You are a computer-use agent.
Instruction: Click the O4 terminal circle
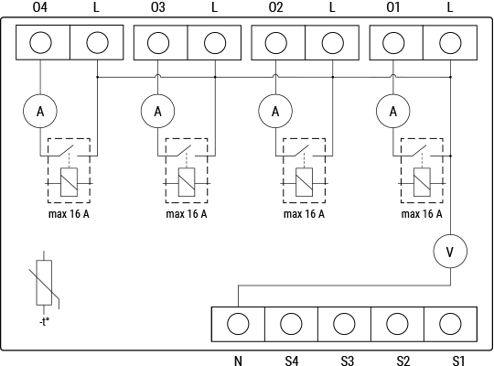(40, 42)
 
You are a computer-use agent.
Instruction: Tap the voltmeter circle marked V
(449, 250)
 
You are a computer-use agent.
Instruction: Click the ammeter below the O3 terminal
(157, 111)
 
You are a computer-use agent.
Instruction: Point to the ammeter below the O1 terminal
(393, 111)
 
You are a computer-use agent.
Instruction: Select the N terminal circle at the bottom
(238, 323)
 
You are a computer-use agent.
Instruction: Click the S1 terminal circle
(449, 323)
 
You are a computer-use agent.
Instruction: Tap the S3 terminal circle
(344, 323)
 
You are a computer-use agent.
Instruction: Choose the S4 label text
(291, 361)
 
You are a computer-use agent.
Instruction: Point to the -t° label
(42, 322)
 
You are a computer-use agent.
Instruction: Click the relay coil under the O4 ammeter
(69, 183)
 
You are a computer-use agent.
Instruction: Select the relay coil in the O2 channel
(305, 183)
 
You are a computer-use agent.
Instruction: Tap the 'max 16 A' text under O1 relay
(423, 215)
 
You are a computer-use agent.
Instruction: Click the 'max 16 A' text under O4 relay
(68, 215)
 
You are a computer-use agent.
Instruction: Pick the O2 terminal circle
(275, 42)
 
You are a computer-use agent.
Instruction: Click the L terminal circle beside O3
(214, 42)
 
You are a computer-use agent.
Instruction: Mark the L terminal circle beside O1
(449, 42)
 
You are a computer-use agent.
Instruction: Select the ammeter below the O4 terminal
(39, 111)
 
